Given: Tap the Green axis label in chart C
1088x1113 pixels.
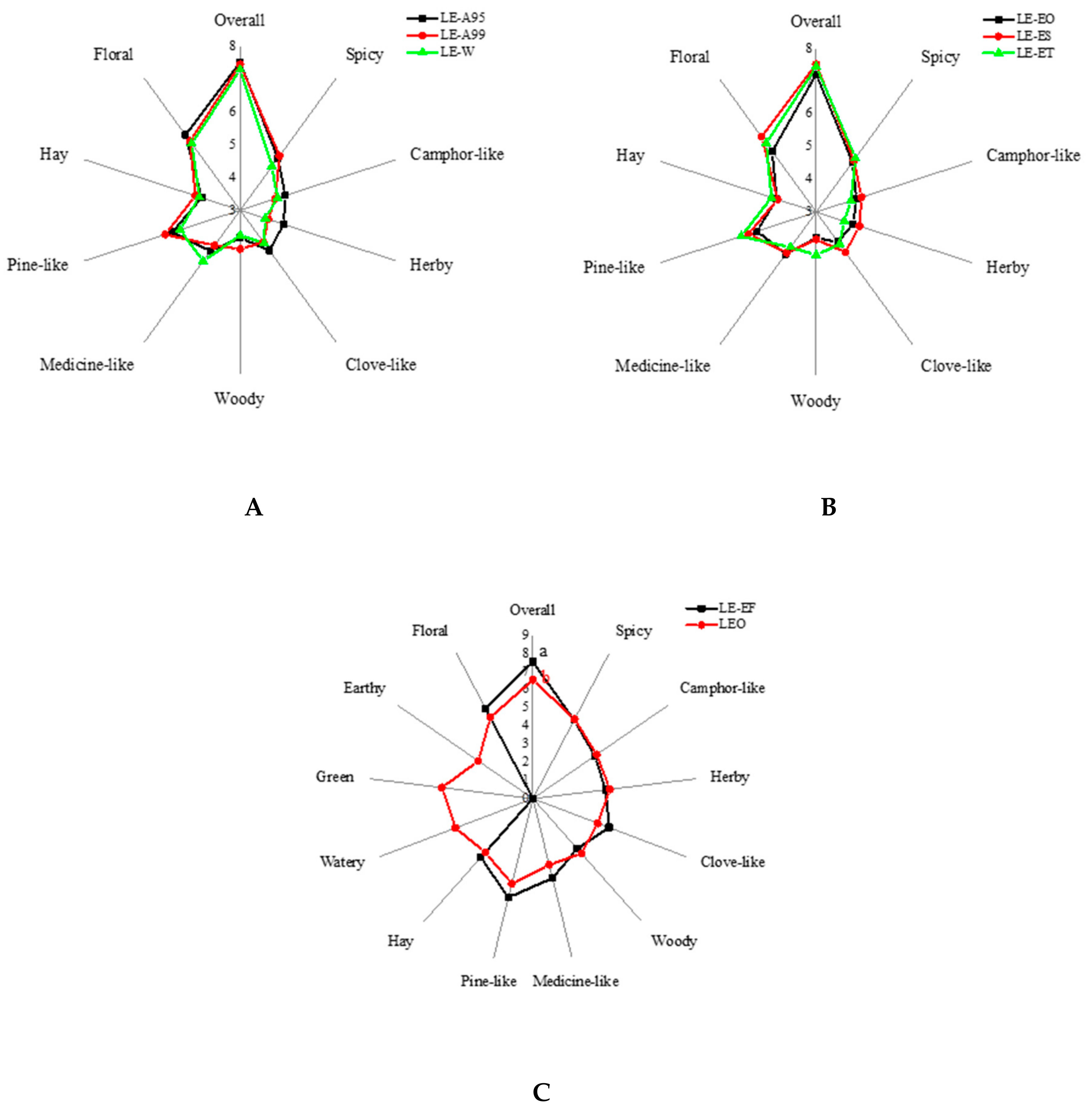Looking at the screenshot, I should (x=335, y=776).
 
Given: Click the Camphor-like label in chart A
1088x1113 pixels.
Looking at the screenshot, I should (x=457, y=154).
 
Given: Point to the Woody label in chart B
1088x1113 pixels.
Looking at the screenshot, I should (x=815, y=401).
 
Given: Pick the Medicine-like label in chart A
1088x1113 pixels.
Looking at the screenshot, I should (x=87, y=364).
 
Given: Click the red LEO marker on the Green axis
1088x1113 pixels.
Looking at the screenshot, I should (x=441, y=787).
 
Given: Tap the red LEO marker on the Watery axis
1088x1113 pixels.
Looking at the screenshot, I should (x=455, y=827).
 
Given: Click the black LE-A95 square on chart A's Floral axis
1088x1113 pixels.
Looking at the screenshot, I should (x=184, y=134).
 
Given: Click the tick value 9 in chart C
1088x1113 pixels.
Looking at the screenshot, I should (x=524, y=635).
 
